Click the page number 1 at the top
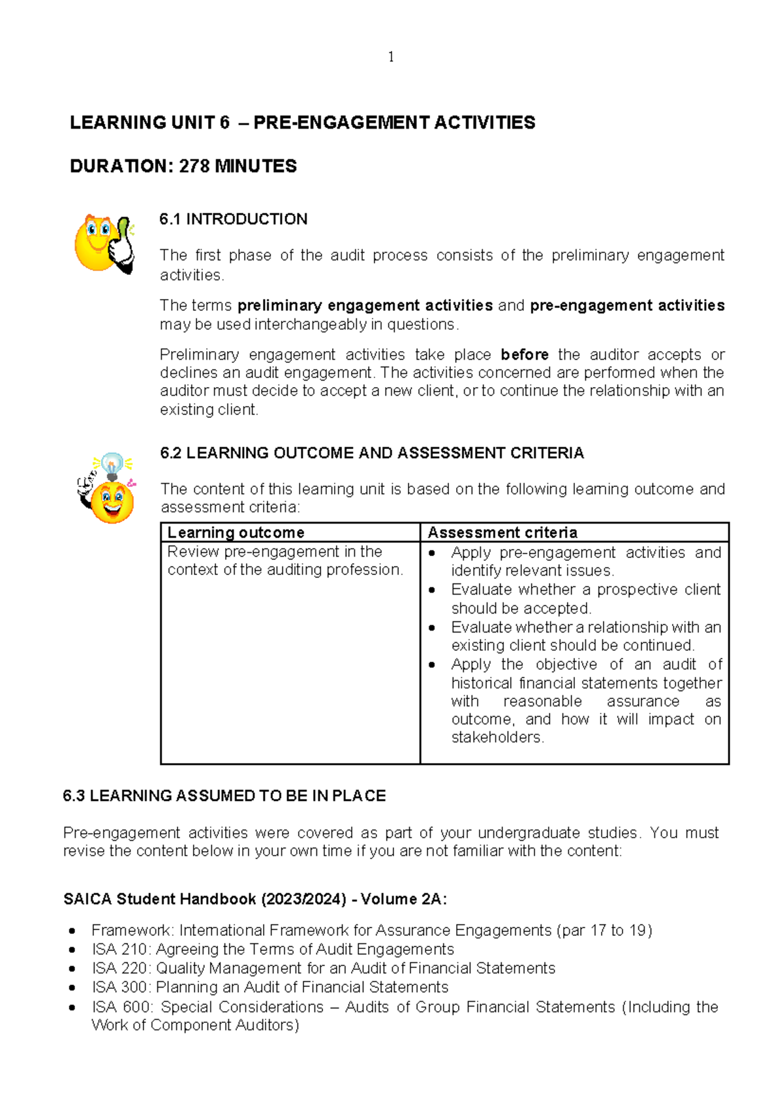pos(391,57)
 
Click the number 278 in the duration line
pos(194,166)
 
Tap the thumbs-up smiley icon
pos(104,244)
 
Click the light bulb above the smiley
pos(113,464)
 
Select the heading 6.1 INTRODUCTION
pos(233,219)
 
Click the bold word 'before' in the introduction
pos(525,354)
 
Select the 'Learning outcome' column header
pos(236,533)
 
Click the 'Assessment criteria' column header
pos(502,533)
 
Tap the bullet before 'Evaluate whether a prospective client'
pos(432,590)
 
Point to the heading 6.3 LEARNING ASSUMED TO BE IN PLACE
pos(224,796)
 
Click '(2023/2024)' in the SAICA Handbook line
pos(303,899)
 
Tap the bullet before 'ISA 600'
pos(72,1007)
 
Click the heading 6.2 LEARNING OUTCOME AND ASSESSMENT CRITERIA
pos(371,453)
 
